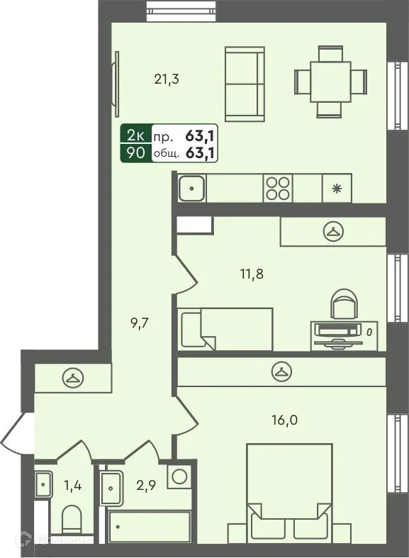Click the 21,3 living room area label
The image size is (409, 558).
[167, 79]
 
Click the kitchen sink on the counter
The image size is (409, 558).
[192, 189]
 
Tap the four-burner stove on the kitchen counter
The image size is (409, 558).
[277, 189]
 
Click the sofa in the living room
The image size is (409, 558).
[243, 84]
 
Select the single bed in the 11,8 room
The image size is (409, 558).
[225, 328]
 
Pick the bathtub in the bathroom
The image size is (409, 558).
[149, 527]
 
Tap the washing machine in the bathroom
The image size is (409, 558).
[179, 476]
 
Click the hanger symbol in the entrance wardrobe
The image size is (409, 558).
[72, 377]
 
